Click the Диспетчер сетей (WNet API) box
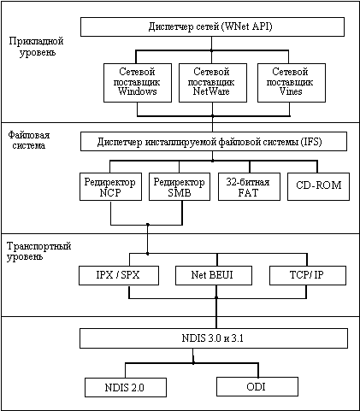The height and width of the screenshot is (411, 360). pyautogui.click(x=212, y=26)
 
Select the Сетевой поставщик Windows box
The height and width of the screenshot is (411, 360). pyautogui.click(x=138, y=83)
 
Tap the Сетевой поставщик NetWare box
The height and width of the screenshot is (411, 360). pyautogui.click(x=213, y=83)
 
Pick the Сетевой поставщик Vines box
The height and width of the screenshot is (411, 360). pyautogui.click(x=292, y=83)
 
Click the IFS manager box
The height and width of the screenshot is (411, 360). pyautogui.click(x=214, y=141)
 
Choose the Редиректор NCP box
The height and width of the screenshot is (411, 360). pyautogui.click(x=110, y=186)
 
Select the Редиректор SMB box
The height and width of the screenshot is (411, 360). pyautogui.click(x=180, y=186)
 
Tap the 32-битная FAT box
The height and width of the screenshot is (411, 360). pyautogui.click(x=249, y=186)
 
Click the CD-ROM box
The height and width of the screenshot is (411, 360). pyautogui.click(x=318, y=186)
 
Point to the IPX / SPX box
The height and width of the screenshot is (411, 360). pyautogui.click(x=119, y=275)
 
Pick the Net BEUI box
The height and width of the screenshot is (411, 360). pyautogui.click(x=214, y=275)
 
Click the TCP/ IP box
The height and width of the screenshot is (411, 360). pyautogui.click(x=308, y=275)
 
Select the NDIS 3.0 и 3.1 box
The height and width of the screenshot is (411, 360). pyautogui.click(x=214, y=338)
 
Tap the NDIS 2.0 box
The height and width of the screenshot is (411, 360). pyautogui.click(x=126, y=387)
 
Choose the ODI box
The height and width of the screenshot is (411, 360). pyautogui.click(x=257, y=386)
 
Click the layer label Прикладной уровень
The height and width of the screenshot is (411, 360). pyautogui.click(x=36, y=46)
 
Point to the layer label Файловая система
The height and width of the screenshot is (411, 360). pyautogui.click(x=29, y=140)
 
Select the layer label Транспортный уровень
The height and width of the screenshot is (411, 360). pyautogui.click(x=38, y=251)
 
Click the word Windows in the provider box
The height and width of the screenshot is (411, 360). pyautogui.click(x=138, y=91)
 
